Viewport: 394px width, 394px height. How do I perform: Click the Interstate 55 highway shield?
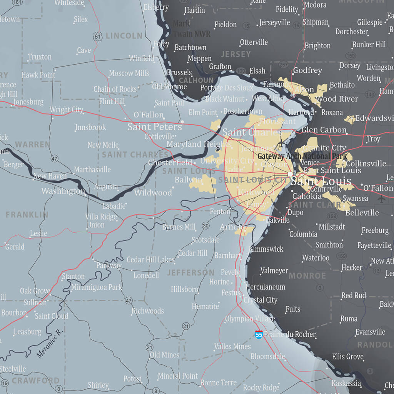[259, 334]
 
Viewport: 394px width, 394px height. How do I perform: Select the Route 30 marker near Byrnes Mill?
[206, 225]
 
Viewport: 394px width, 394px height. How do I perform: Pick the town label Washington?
[63, 191]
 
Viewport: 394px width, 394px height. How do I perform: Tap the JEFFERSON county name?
[190, 273]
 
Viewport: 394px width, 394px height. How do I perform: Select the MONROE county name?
[307, 276]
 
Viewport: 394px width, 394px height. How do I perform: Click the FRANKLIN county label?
[27, 215]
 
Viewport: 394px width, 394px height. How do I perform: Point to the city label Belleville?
[362, 213]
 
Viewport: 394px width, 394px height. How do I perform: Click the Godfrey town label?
[307, 70]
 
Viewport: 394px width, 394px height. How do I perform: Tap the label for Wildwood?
[153, 193]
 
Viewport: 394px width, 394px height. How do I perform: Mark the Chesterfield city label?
[170, 163]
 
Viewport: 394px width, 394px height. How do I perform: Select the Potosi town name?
[132, 379]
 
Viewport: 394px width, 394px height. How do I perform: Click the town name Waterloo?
[316, 258]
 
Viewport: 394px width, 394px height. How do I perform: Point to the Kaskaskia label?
[346, 383]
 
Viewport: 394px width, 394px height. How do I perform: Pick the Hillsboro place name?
[185, 289]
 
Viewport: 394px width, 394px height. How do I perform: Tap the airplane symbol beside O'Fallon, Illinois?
[381, 199]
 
